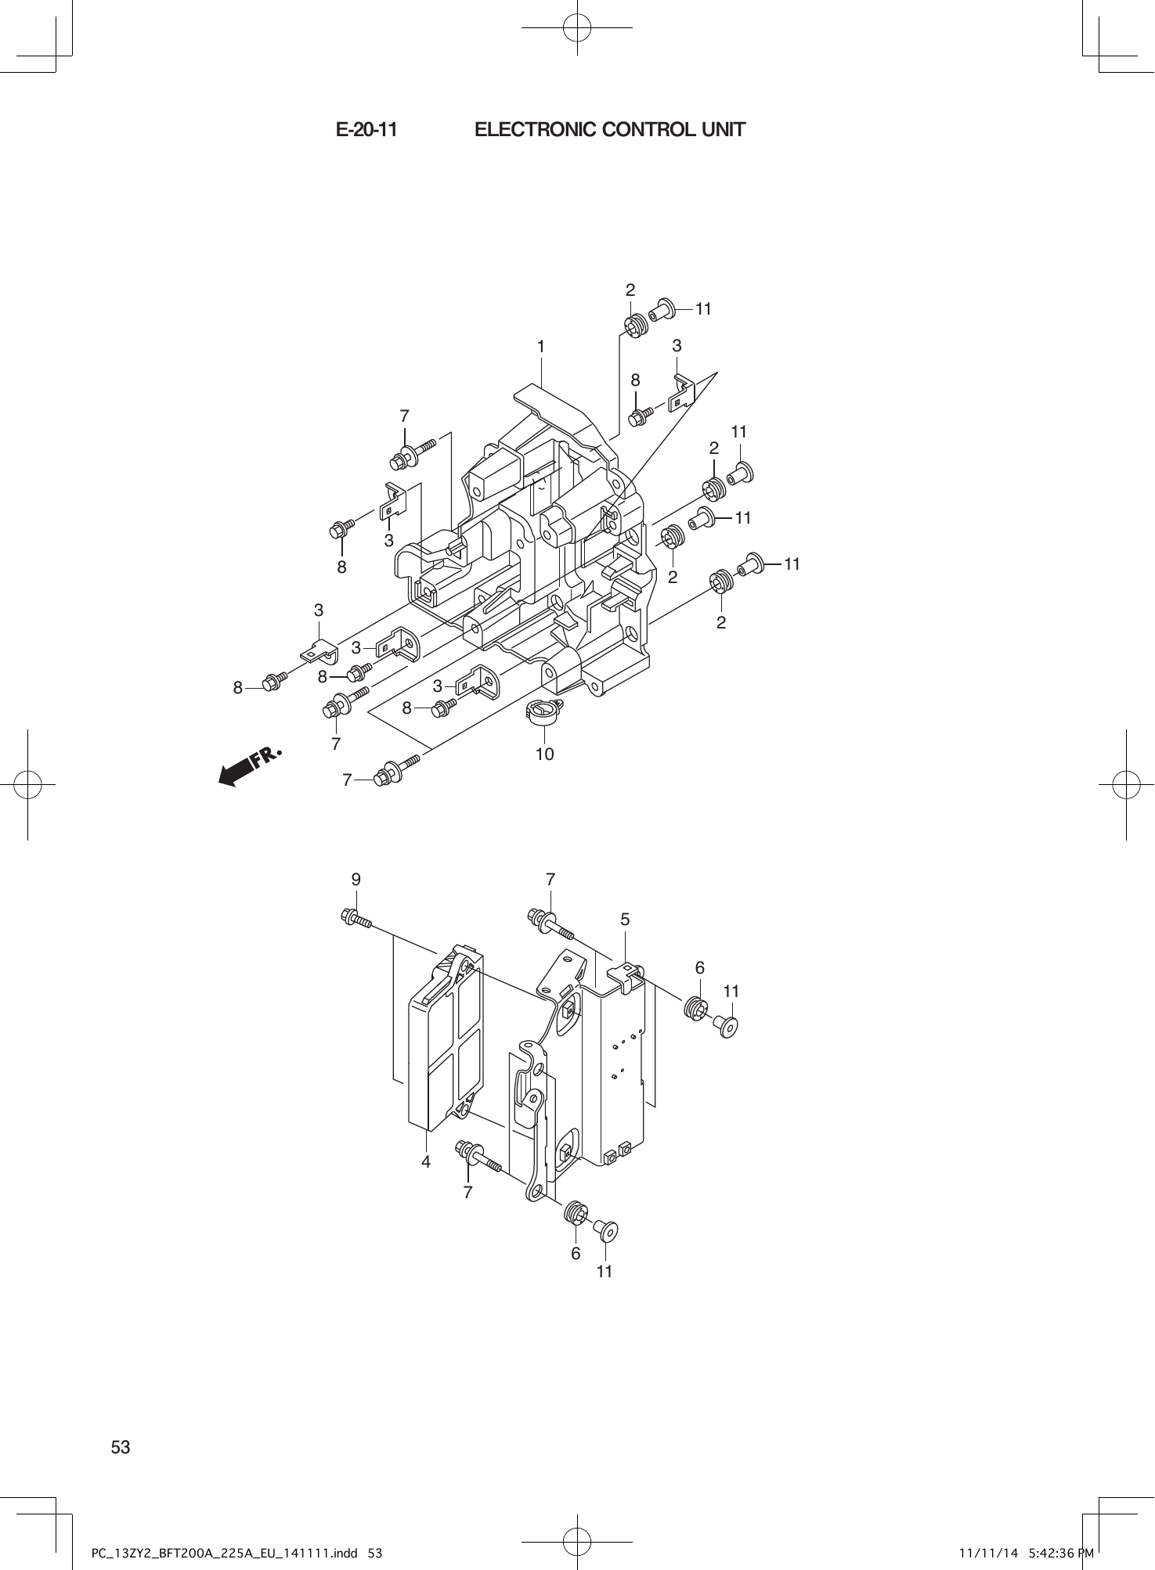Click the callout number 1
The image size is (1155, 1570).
(540, 346)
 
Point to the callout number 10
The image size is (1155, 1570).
(544, 754)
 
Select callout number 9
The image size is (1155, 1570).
(356, 880)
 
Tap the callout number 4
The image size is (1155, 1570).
(426, 1162)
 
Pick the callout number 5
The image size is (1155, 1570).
(625, 920)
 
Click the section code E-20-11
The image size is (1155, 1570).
(366, 130)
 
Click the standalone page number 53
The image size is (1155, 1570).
(121, 1447)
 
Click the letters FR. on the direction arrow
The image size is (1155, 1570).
(265, 757)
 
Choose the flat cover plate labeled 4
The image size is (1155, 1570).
(443, 1041)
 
